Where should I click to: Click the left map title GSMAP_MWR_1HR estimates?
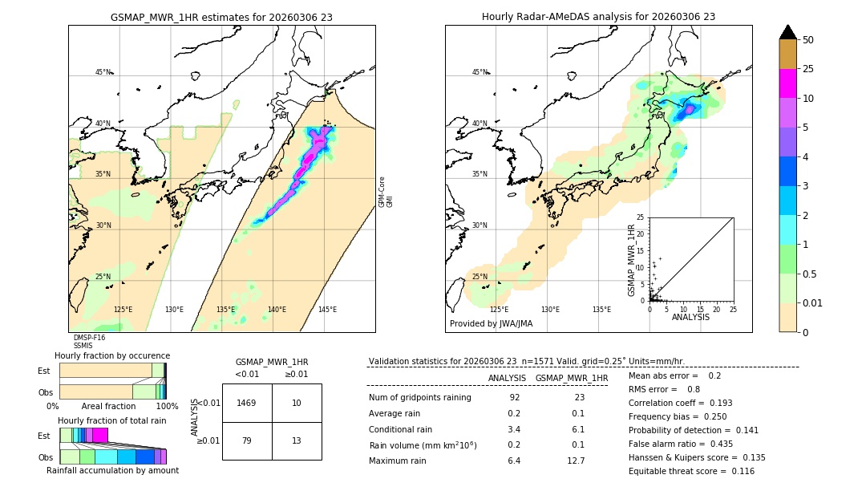221,17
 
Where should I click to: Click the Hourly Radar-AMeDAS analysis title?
598,17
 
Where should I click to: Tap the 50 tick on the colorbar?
808,40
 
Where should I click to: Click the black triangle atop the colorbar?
787,32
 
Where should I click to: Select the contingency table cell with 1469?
247,403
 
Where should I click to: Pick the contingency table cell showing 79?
247,440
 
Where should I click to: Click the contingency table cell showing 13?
297,440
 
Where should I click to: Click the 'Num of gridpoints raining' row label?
419,398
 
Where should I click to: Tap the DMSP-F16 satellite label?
89,338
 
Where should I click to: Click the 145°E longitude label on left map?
327,310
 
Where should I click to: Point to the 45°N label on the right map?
480,72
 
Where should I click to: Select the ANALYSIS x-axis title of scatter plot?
690,317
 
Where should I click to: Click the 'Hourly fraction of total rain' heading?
112,421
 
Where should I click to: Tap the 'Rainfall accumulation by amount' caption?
112,471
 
